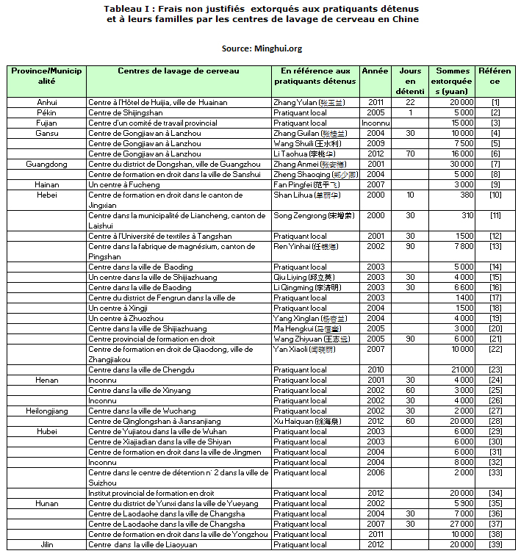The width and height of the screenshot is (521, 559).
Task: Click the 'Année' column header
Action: tap(376, 71)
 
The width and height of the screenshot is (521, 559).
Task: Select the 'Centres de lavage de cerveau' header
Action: tap(178, 71)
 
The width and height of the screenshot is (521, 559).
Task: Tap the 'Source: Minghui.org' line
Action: tap(262, 48)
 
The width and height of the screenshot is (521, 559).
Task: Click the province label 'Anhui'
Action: tap(47, 102)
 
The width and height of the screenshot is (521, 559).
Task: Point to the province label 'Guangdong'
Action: tap(47, 164)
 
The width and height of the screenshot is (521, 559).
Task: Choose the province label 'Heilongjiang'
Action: tap(47, 411)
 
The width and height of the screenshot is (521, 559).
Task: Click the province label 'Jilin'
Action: tap(47, 544)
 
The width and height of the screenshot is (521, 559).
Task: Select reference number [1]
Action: tap(495, 102)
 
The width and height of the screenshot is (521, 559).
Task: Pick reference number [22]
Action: tap(495, 349)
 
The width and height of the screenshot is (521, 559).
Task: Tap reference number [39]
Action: tap(495, 544)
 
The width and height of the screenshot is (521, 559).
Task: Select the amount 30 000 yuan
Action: tap(459, 164)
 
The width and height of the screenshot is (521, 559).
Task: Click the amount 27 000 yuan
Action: tap(459, 524)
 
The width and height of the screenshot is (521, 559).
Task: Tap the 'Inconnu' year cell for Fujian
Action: tap(376, 123)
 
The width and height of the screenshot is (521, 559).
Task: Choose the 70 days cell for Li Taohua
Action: tap(410, 154)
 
